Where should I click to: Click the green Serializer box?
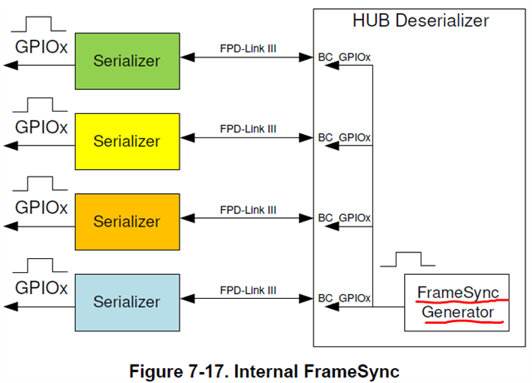126,61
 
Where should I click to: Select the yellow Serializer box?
126,142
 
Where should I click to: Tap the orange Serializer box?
126,221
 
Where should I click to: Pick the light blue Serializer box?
126,301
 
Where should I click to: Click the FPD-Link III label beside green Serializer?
248,48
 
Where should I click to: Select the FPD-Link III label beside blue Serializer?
248,291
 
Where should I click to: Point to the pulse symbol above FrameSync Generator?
407,259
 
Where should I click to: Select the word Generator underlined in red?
457,313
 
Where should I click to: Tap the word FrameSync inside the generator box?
458,292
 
